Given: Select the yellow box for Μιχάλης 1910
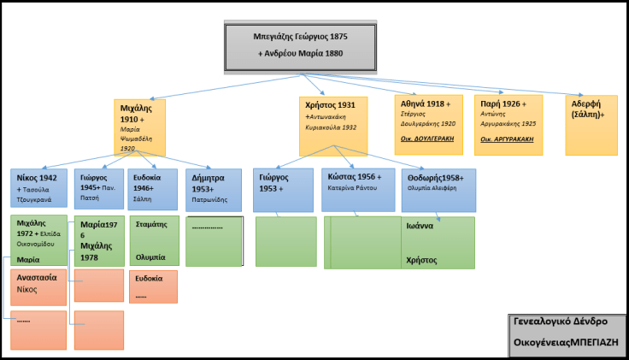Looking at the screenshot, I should click(139, 127).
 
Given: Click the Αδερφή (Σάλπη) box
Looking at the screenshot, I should click(591, 124).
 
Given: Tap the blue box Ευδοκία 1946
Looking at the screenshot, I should click(153, 189).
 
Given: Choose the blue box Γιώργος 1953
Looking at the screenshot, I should click(285, 189).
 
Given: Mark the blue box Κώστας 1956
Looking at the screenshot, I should click(357, 189).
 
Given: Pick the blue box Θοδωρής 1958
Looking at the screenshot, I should click(438, 189).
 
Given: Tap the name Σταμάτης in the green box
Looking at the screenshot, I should click(150, 227).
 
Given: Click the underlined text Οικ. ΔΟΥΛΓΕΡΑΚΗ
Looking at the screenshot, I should click(426, 139).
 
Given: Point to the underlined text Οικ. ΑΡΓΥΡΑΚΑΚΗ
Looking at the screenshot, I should click(507, 139).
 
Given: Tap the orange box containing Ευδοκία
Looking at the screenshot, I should click(153, 286).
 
